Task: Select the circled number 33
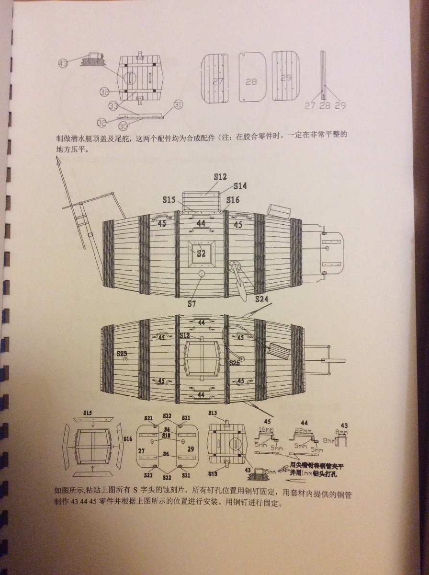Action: [x=113, y=105]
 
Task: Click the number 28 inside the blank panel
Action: [x=251, y=82]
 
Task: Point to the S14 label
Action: [x=241, y=186]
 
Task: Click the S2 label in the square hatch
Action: [x=201, y=254]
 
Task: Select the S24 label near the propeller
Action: [x=261, y=299]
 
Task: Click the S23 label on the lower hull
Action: [x=122, y=354]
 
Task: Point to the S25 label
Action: [x=235, y=363]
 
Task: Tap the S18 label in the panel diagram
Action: [x=167, y=436]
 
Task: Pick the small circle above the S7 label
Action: [x=202, y=274]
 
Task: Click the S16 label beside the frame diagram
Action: [x=127, y=438]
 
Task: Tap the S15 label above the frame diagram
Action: [x=87, y=412]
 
